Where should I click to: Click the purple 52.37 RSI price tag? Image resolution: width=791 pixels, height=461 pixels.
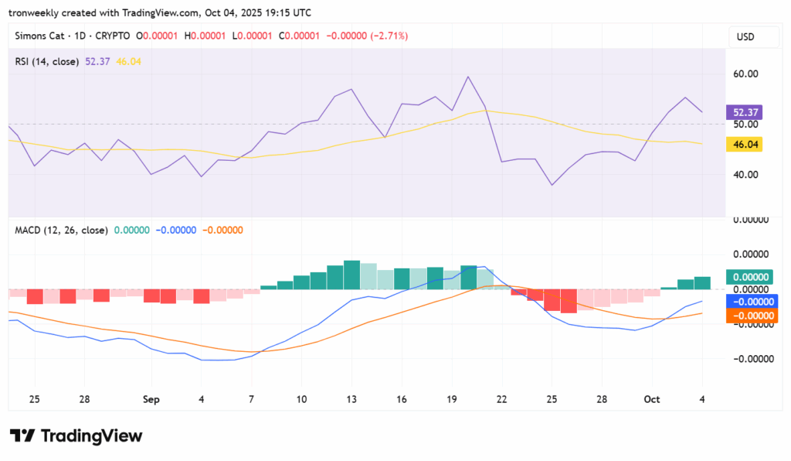pos(745,112)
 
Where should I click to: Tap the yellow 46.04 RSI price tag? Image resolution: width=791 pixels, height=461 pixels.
pos(745,144)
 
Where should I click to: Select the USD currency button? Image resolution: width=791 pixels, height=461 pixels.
pos(745,37)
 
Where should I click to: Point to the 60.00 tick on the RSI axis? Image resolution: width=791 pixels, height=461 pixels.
pos(745,74)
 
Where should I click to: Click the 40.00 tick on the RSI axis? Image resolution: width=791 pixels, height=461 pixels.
pos(745,175)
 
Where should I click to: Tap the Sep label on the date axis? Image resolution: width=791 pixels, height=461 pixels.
pos(151,399)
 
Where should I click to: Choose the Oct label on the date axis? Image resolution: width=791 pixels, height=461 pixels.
pos(652,399)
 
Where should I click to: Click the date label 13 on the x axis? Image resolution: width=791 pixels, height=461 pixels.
pos(351,399)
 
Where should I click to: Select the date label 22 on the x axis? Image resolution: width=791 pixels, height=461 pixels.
pos(502,399)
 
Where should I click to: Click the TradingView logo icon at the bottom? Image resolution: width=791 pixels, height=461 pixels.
pos(23,436)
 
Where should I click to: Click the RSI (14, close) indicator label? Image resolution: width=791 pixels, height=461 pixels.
pos(47,61)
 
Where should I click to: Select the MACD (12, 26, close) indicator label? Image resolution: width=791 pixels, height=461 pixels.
pos(61,230)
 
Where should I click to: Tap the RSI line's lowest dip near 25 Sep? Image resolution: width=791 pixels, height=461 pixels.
pos(552,184)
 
